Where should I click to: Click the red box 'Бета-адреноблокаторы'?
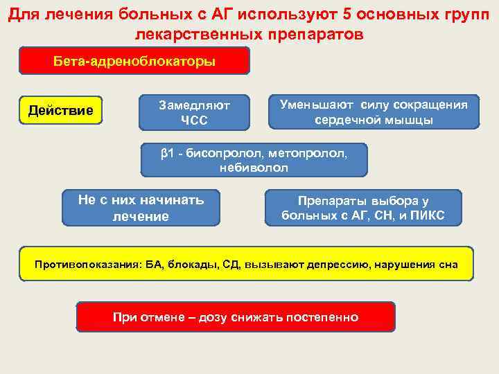coord(134,61)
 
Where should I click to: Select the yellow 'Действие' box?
coord(60,110)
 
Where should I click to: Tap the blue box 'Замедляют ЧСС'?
coord(194,113)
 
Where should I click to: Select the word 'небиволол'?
coord(254,168)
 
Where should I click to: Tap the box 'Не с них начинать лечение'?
coord(141,208)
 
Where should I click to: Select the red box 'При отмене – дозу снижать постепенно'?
coord(236,317)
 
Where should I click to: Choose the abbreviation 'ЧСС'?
coord(194,121)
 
